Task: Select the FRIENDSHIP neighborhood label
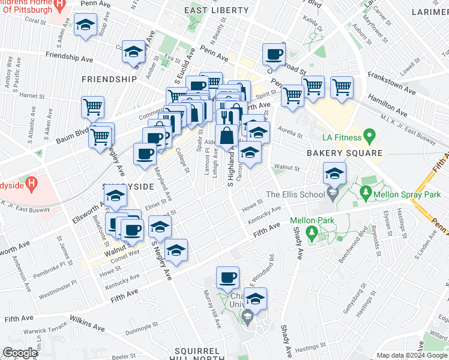109,79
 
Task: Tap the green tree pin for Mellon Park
311,231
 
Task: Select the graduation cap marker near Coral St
86,26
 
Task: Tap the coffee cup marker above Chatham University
228,277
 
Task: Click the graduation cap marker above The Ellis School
334,174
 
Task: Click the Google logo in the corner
19,353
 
